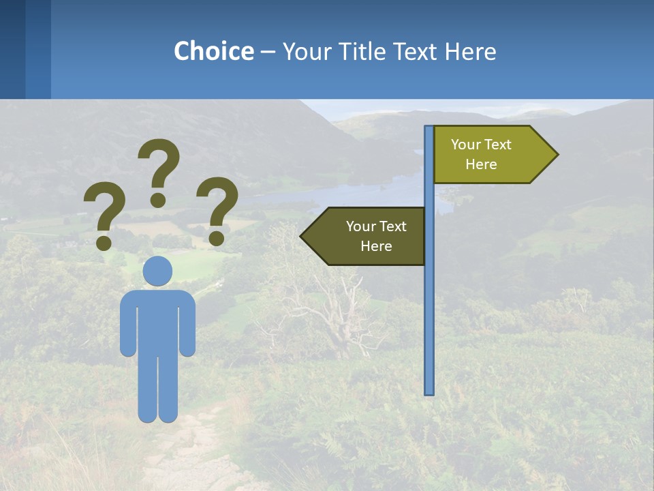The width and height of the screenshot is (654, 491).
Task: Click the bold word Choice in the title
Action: [213, 51]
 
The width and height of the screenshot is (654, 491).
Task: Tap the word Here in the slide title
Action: [470, 51]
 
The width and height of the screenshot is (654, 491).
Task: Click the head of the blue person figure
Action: [158, 271]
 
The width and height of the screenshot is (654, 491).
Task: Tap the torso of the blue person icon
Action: [158, 321]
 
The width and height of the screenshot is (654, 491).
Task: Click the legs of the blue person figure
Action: [158, 389]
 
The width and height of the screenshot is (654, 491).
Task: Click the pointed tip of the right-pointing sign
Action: [555, 155]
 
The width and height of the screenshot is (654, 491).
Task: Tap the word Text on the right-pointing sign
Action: [497, 145]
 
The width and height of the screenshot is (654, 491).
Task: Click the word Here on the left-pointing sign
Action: [376, 246]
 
